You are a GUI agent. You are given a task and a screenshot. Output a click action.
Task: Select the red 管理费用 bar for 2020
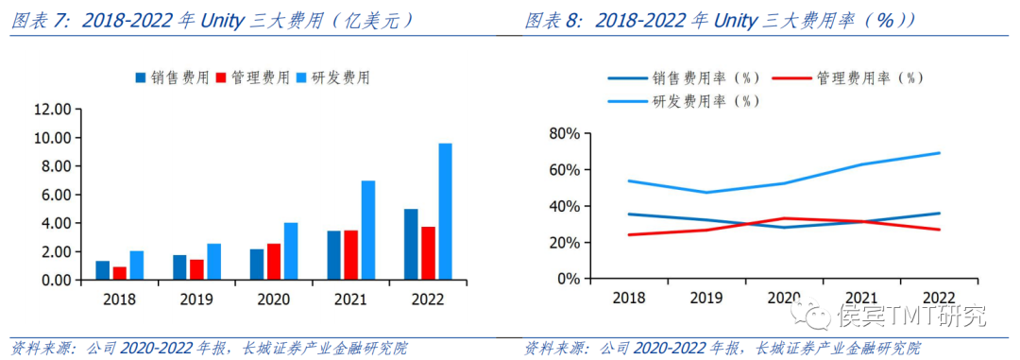[274, 262]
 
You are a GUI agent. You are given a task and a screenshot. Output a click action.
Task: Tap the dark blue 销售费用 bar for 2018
[103, 270]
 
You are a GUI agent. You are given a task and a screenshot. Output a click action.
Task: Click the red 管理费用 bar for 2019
[196, 269]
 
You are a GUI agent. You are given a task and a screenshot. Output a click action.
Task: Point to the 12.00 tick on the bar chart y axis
[52, 110]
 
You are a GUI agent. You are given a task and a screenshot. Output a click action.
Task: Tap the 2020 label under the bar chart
[274, 299]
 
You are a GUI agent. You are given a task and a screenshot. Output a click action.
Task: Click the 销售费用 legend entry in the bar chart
[173, 77]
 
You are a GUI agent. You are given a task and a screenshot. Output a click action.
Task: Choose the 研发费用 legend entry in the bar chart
[333, 77]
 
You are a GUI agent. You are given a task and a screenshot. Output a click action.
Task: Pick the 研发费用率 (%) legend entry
[691, 100]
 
